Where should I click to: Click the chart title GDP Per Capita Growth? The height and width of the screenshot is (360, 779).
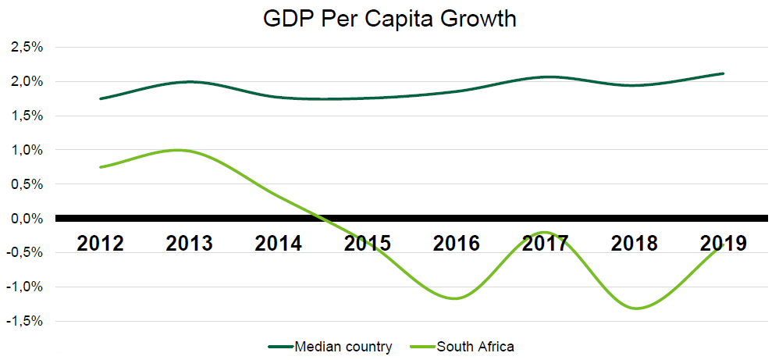(x=389, y=19)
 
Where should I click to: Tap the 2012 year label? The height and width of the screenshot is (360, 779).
(x=101, y=243)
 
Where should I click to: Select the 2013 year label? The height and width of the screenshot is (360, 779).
(x=190, y=243)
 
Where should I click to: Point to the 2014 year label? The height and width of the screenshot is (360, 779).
(x=279, y=243)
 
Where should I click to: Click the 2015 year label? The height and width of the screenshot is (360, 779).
(x=368, y=243)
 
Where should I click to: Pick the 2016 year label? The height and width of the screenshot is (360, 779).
(x=457, y=243)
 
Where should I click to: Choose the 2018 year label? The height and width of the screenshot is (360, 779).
(x=635, y=243)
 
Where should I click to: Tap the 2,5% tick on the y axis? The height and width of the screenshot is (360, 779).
(x=27, y=48)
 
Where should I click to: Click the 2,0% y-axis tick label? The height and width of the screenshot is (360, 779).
(x=27, y=82)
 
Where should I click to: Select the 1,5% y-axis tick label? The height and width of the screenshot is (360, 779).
(x=27, y=116)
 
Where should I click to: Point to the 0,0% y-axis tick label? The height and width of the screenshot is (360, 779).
(x=27, y=219)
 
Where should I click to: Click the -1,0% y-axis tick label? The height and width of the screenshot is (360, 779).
(x=24, y=287)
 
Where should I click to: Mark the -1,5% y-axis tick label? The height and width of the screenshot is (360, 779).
(x=24, y=321)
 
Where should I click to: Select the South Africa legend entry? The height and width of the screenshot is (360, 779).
(x=475, y=346)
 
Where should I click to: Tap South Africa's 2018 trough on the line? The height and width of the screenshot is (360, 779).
(x=637, y=308)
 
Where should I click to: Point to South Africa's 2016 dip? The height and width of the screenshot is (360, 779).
(x=455, y=298)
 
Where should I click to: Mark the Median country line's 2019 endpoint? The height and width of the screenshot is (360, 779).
(x=724, y=73)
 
